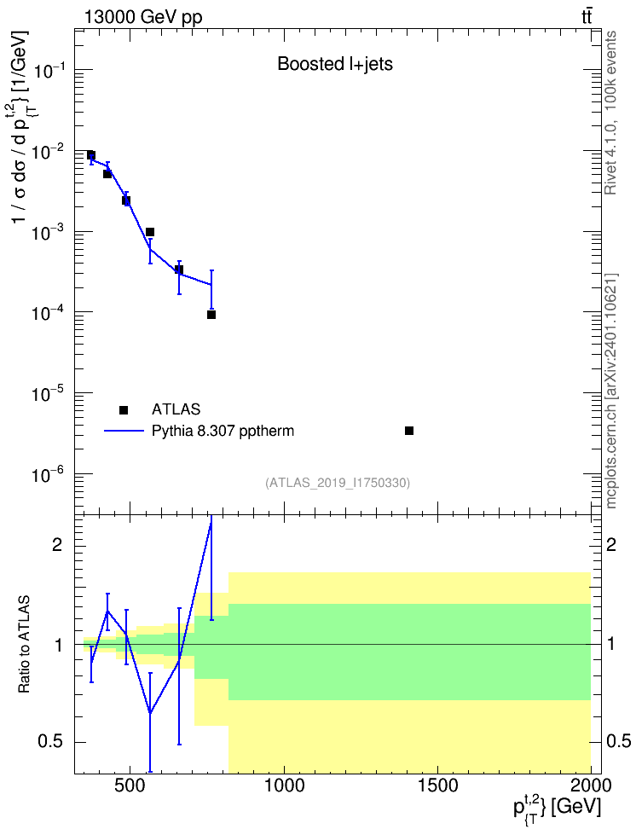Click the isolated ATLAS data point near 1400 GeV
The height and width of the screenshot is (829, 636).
point(408,431)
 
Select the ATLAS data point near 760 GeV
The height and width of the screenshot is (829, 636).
point(211,315)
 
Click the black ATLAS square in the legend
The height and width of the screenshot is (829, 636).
point(124,409)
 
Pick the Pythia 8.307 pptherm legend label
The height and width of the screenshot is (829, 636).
point(223,431)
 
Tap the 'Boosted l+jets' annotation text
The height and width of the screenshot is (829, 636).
point(335,64)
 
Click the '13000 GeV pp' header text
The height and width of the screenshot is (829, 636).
point(143,17)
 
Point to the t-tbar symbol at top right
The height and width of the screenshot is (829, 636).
point(587,17)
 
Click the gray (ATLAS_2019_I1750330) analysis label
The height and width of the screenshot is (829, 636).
point(338,483)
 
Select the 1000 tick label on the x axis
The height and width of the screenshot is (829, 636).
point(285,786)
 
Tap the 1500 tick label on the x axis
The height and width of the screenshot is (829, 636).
point(437,786)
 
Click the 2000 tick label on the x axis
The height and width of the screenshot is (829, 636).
point(591,786)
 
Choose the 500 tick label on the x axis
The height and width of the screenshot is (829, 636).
point(130,786)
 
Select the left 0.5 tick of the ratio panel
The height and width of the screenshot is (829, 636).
point(50,742)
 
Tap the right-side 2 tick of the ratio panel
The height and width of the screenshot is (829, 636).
point(611,545)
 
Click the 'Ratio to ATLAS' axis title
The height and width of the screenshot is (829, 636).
point(24,645)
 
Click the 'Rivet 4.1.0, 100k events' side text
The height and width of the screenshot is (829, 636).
point(610,113)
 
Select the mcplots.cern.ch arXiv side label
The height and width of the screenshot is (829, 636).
point(611,391)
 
